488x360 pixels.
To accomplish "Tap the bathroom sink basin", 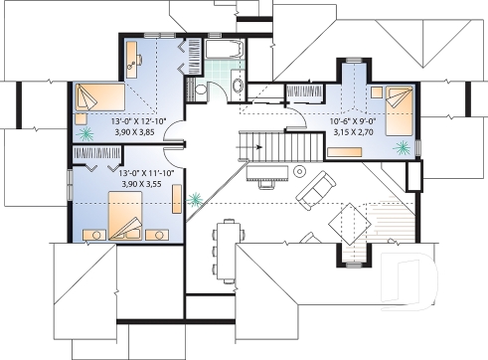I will [x=236, y=88].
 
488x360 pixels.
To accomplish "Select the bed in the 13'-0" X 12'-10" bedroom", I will [x=97, y=98].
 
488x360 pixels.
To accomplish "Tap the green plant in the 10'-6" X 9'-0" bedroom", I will [x=403, y=147].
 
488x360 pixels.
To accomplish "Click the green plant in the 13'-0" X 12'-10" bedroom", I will [x=87, y=130].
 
